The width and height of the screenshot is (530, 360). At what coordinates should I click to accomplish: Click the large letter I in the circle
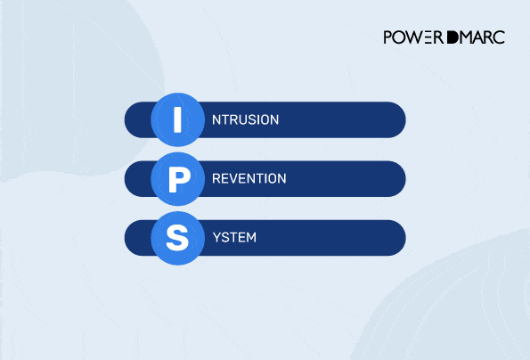177,119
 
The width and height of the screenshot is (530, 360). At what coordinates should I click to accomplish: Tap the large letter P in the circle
177,179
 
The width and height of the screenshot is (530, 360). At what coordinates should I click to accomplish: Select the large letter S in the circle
177,238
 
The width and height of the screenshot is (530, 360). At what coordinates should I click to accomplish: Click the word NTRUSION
246,119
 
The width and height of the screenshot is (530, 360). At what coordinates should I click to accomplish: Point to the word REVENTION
249,179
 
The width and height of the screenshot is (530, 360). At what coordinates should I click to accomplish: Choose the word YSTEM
236,238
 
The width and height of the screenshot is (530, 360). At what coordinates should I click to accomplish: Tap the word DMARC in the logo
472,37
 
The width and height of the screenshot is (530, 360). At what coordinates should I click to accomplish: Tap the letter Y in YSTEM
216,238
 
